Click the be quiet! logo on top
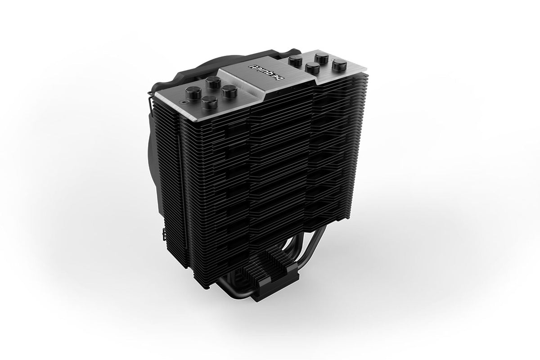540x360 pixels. coord(261,71)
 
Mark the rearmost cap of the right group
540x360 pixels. coord(321,57)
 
